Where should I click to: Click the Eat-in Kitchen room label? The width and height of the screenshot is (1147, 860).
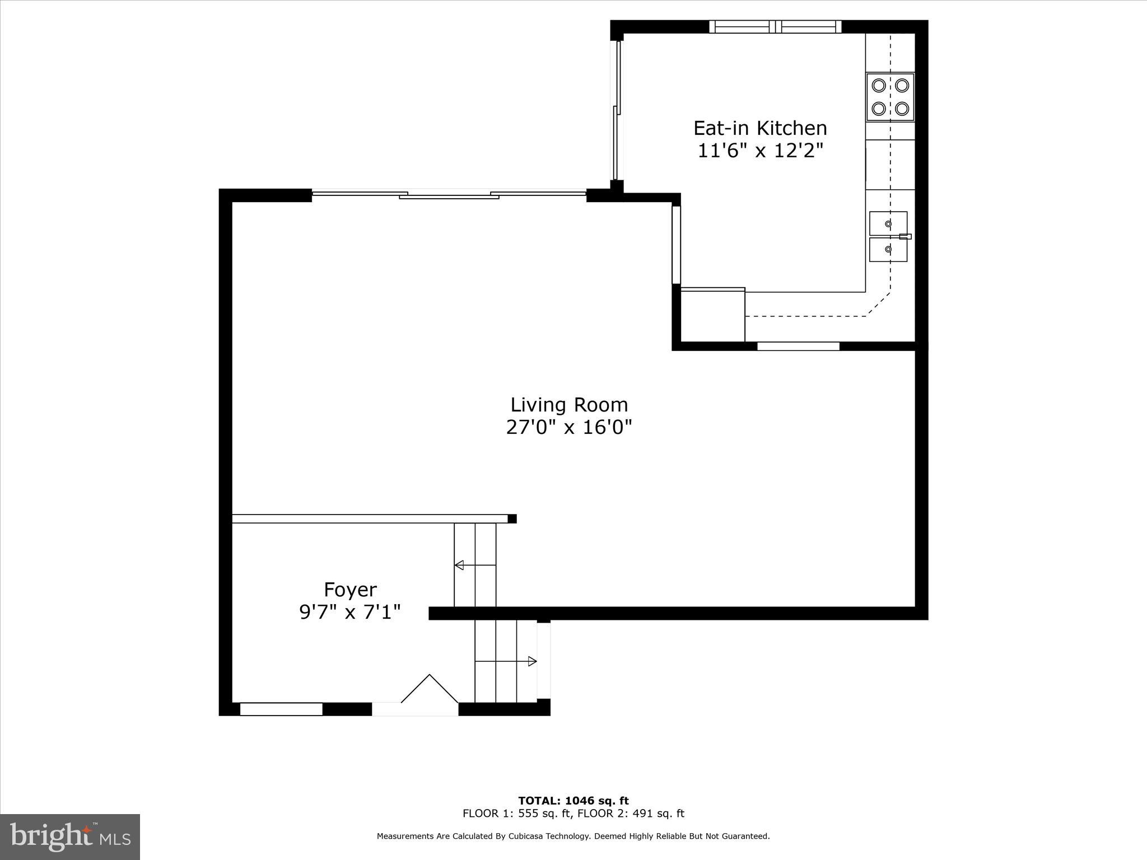(759, 128)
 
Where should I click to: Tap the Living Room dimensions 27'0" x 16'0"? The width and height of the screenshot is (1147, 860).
(568, 428)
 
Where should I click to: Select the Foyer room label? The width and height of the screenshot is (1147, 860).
(350, 590)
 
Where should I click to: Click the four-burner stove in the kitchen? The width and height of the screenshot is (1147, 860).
(890, 97)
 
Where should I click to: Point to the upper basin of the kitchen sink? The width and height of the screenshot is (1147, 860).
(888, 223)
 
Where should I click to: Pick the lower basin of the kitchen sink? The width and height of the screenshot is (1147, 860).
(888, 249)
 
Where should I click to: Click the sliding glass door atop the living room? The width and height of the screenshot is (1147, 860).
(449, 194)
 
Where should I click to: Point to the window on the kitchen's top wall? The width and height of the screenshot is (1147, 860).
(775, 26)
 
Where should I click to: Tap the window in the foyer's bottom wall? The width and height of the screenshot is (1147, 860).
(281, 709)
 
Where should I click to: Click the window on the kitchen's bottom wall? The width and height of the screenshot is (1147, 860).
(798, 346)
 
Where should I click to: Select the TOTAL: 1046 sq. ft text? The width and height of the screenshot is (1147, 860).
(573, 801)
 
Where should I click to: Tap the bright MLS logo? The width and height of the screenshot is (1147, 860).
(70, 837)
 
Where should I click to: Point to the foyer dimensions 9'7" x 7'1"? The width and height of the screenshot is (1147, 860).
(350, 613)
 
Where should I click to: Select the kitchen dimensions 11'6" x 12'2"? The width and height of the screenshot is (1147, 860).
(760, 151)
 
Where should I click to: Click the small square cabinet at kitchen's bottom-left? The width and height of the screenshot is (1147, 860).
(712, 315)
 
